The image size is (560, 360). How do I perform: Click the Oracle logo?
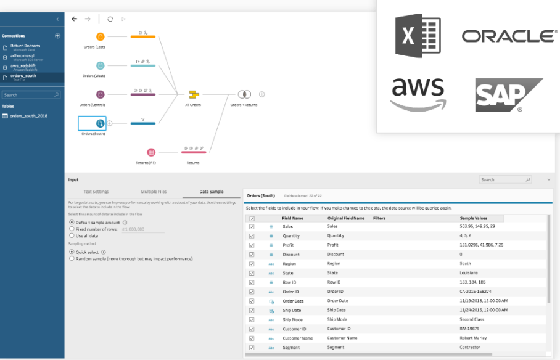(x=509, y=36)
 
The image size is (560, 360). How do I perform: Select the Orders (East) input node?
(x=101, y=36)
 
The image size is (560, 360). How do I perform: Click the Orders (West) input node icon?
(x=101, y=65)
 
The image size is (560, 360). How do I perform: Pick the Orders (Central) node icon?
(x=101, y=94)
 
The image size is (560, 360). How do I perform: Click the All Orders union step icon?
(x=193, y=94)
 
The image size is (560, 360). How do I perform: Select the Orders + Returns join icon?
(x=244, y=94)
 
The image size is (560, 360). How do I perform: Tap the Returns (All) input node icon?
(x=151, y=152)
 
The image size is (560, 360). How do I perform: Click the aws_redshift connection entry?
(x=23, y=66)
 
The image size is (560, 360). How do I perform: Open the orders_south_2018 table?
(x=28, y=116)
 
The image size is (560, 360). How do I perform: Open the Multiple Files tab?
(x=154, y=192)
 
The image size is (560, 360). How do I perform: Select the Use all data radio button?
(x=72, y=235)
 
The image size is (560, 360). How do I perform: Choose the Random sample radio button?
(x=72, y=259)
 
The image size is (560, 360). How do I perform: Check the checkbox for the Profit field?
(x=251, y=245)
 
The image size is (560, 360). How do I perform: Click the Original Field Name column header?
(x=345, y=218)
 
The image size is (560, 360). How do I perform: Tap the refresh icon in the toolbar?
(x=110, y=19)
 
